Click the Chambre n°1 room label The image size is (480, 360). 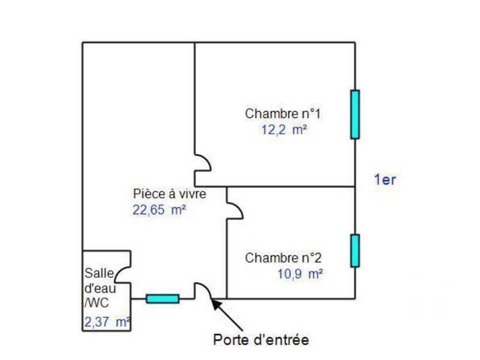coord(284,113)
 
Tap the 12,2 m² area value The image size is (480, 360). coord(281,129)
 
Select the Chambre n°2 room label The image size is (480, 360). coord(283,259)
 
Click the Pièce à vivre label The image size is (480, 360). coord(170,194)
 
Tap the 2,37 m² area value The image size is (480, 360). coord(107,322)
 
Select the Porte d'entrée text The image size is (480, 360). coord(261,340)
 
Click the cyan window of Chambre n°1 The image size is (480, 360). coord(355,115)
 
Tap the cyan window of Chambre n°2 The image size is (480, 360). coord(355,250)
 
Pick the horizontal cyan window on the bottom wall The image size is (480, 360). coord(163,298)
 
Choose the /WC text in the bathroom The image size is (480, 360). coord(97,302)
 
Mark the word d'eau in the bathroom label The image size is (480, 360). coord(97,287)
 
